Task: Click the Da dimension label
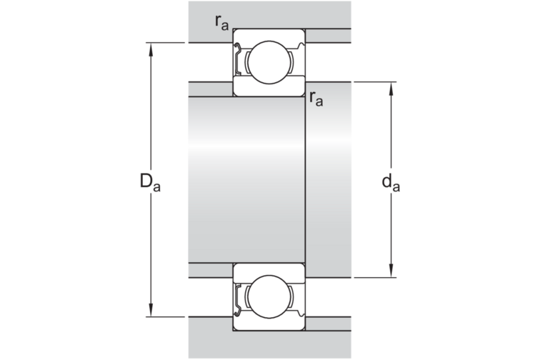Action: pyautogui.click(x=150, y=182)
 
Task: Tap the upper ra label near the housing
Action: pyautogui.click(x=221, y=23)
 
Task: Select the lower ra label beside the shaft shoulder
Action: pyautogui.click(x=316, y=99)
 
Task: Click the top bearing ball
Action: pyautogui.click(x=269, y=62)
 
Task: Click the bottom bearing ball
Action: pyautogui.click(x=269, y=296)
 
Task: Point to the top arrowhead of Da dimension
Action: pyautogui.click(x=151, y=49)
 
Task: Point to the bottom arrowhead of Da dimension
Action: pyautogui.click(x=151, y=310)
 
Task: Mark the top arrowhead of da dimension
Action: pyautogui.click(x=391, y=89)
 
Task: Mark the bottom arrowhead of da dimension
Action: pyautogui.click(x=391, y=271)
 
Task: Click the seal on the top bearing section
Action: pyautogui.click(x=237, y=59)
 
